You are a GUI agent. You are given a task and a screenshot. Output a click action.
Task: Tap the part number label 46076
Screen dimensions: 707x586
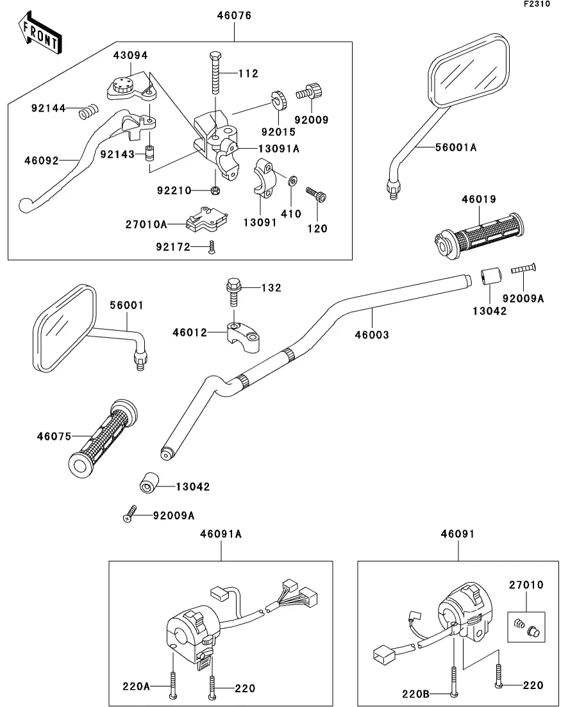235,15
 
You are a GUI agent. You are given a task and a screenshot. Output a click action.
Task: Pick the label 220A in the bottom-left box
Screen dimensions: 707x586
136,686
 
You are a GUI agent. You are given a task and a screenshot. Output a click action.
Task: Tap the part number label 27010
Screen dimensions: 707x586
526,585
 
